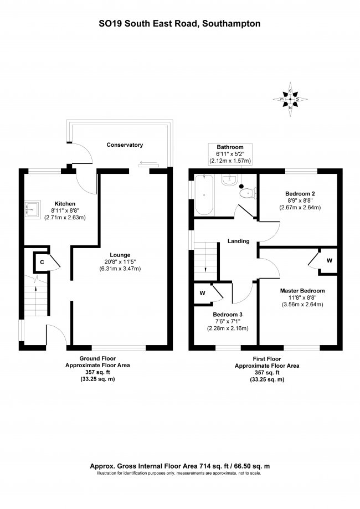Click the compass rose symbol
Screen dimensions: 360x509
290,99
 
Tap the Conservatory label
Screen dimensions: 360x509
125,145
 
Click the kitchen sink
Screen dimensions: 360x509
33,209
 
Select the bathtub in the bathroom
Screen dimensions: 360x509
204,194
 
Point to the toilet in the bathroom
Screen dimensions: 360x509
248,193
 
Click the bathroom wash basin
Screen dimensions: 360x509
230,179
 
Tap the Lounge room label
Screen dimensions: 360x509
120,255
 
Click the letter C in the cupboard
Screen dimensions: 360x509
42,262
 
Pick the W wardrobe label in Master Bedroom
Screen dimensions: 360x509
330,260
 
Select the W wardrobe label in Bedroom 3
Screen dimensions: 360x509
203,293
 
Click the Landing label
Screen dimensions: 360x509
238,241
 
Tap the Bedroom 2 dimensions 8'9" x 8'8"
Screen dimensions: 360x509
300,200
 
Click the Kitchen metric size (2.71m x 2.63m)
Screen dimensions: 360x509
65,218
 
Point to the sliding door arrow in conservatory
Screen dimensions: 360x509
148,163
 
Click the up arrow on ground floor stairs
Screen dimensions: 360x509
35,291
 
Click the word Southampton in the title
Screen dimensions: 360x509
231,24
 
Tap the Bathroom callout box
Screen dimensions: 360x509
230,154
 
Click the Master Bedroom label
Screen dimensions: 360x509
302,291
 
